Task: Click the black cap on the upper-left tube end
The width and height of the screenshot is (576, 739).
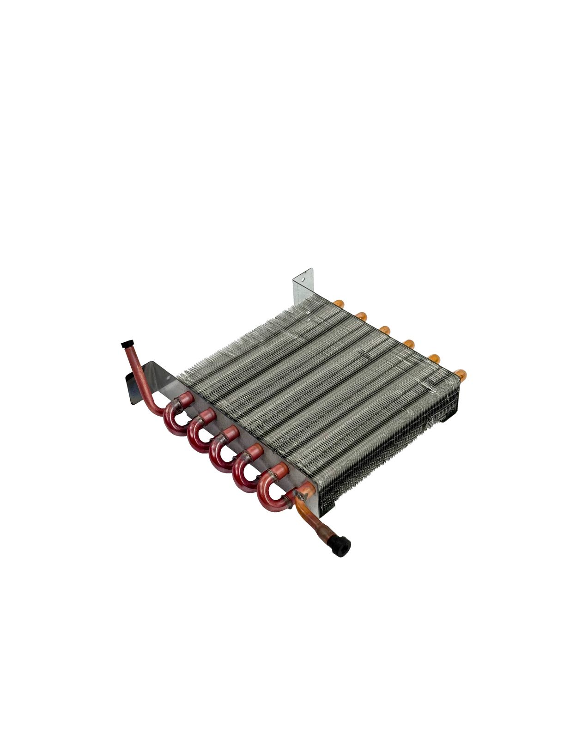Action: pyautogui.click(x=125, y=345)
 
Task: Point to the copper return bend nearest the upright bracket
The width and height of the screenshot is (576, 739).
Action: pyautogui.click(x=339, y=303)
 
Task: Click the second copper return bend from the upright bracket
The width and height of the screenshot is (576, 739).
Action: pyautogui.click(x=362, y=316)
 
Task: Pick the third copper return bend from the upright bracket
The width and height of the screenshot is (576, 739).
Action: pyautogui.click(x=385, y=330)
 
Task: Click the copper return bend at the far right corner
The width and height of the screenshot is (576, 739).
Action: pyautogui.click(x=461, y=372)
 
